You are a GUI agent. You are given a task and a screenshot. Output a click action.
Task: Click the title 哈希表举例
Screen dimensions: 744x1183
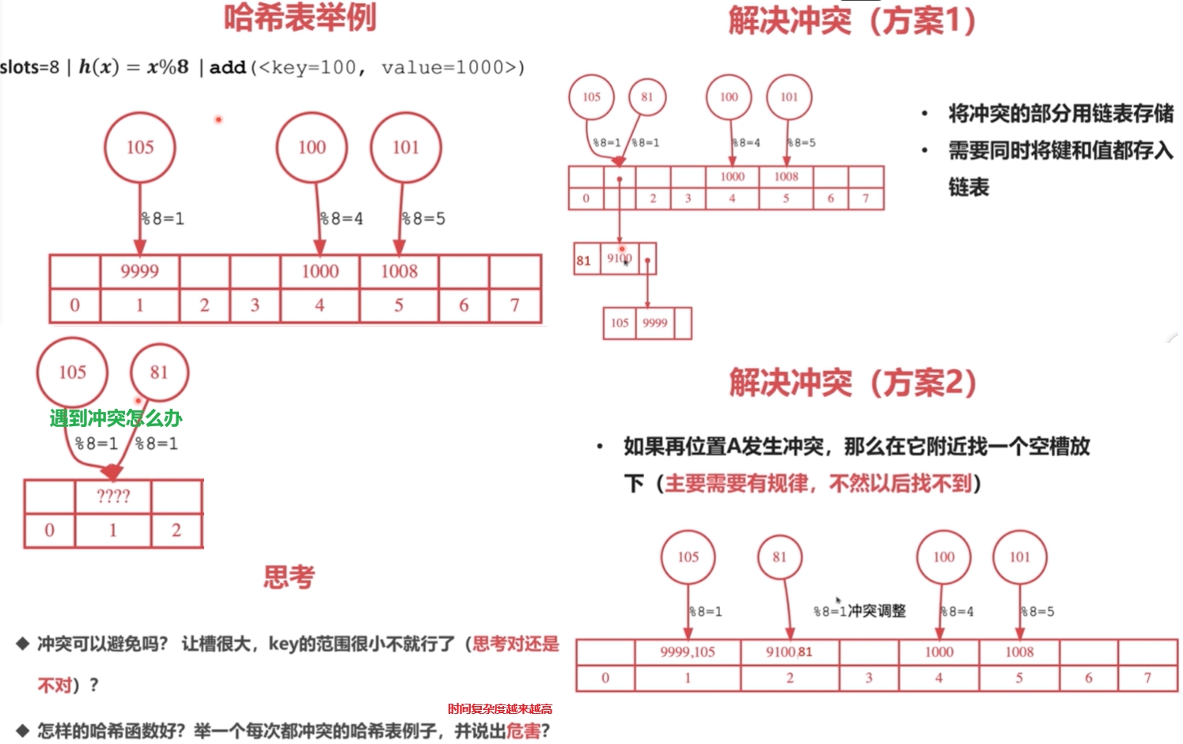pyautogui.click(x=300, y=17)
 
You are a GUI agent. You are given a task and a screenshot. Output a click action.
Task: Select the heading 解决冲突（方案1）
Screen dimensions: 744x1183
pyautogui.click(x=852, y=21)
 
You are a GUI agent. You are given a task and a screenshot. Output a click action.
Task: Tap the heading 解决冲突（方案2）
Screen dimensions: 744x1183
pyautogui.click(x=852, y=383)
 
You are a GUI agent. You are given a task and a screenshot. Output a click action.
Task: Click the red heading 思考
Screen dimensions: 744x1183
pyautogui.click(x=289, y=577)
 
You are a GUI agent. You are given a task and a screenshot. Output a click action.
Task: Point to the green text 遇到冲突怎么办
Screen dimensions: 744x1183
pyautogui.click(x=116, y=417)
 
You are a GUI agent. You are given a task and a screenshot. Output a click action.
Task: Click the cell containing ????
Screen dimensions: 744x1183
pyautogui.click(x=113, y=497)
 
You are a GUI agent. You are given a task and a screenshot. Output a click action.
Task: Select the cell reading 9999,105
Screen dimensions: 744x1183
pyautogui.click(x=687, y=652)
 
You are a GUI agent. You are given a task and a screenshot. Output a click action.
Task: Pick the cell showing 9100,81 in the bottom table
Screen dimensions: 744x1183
pyautogui.click(x=789, y=652)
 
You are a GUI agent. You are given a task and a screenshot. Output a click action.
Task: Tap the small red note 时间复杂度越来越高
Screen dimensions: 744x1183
pyautogui.click(x=500, y=709)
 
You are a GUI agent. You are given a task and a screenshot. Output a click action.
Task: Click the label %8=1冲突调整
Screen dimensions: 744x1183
pyautogui.click(x=859, y=611)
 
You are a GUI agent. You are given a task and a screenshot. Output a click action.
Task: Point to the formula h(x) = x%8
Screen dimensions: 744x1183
pyautogui.click(x=133, y=67)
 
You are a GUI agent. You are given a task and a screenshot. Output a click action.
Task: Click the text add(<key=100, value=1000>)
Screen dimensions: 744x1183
pyautogui.click(x=366, y=68)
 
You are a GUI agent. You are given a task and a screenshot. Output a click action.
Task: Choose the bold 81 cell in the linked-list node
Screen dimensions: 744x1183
pyautogui.click(x=584, y=260)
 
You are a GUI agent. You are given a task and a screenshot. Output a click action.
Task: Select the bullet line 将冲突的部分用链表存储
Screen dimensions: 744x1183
pyautogui.click(x=1060, y=114)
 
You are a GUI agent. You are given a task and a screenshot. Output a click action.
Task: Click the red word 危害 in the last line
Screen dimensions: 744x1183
pyautogui.click(x=523, y=731)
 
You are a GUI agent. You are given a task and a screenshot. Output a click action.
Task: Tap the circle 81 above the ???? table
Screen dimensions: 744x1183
pyautogui.click(x=158, y=372)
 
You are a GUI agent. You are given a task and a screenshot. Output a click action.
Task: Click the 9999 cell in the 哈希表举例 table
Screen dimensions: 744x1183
pyautogui.click(x=139, y=272)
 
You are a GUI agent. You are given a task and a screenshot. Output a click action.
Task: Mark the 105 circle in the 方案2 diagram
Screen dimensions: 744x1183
pyautogui.click(x=688, y=557)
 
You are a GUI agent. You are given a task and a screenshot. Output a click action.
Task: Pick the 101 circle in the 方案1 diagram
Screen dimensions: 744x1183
pyautogui.click(x=789, y=97)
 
